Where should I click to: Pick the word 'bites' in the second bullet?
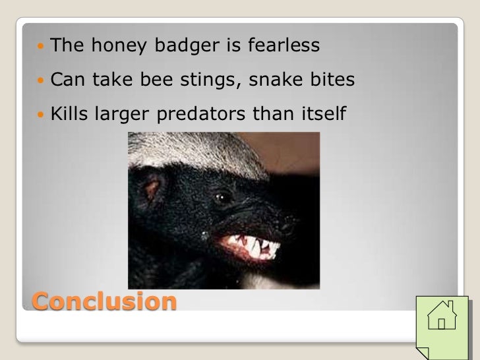(x=332, y=80)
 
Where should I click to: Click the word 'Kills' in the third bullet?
(x=69, y=114)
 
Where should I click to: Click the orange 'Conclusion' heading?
(x=104, y=301)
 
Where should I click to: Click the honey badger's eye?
(x=222, y=196)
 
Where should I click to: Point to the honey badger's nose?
(x=288, y=225)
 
